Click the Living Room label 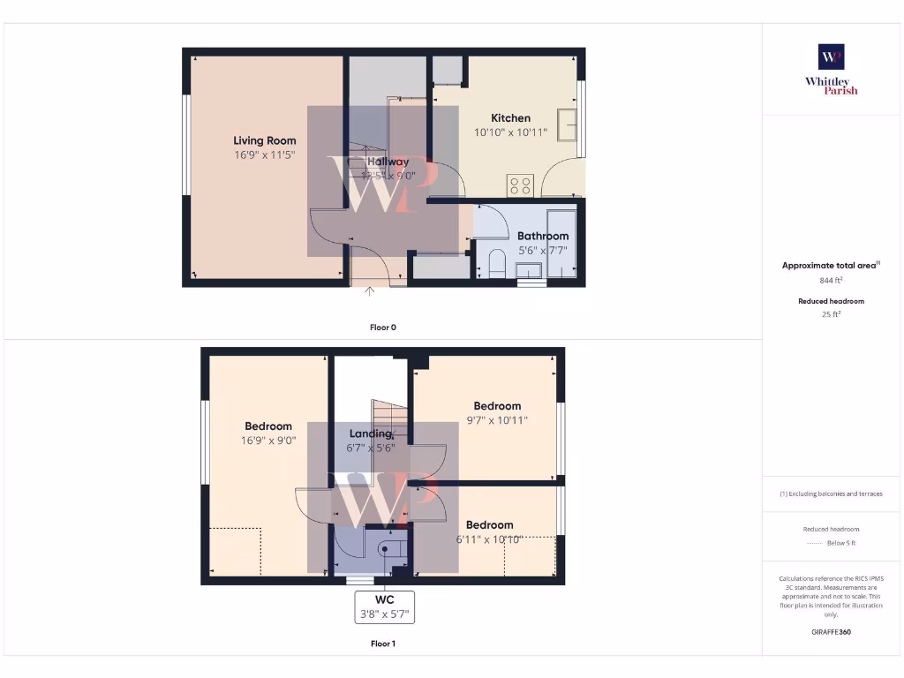[264, 140]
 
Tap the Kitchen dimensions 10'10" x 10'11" [510, 132]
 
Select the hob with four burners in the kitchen [520, 185]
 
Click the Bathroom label [542, 236]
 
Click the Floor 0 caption [382, 328]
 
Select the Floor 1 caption [382, 644]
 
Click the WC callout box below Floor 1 [384, 606]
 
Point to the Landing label [371, 433]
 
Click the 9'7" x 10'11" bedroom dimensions [497, 420]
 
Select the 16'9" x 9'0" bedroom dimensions [267, 441]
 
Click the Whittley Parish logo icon [831, 57]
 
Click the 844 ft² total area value [831, 281]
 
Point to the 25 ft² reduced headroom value [831, 314]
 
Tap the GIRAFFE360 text [831, 632]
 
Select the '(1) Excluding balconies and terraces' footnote [831, 494]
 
